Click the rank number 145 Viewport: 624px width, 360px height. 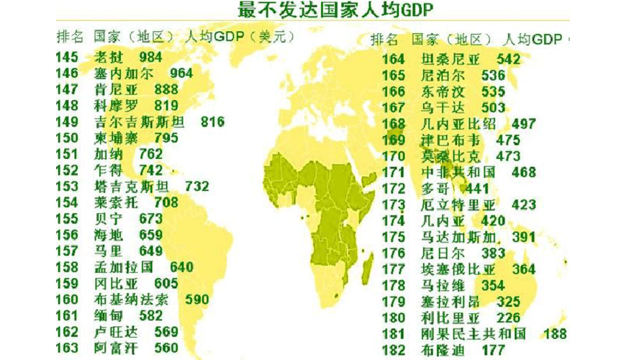pyautogui.click(x=66, y=57)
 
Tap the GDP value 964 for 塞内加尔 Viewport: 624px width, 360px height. pyautogui.click(x=181, y=73)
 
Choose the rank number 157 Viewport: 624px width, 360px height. pyautogui.click(x=66, y=251)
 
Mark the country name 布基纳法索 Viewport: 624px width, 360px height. pyautogui.click(x=132, y=300)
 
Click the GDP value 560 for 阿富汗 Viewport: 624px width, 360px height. pyautogui.click(x=166, y=348)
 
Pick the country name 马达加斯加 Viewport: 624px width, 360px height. pyautogui.click(x=458, y=237)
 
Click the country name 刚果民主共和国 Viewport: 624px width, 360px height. pyautogui.click(x=474, y=334)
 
